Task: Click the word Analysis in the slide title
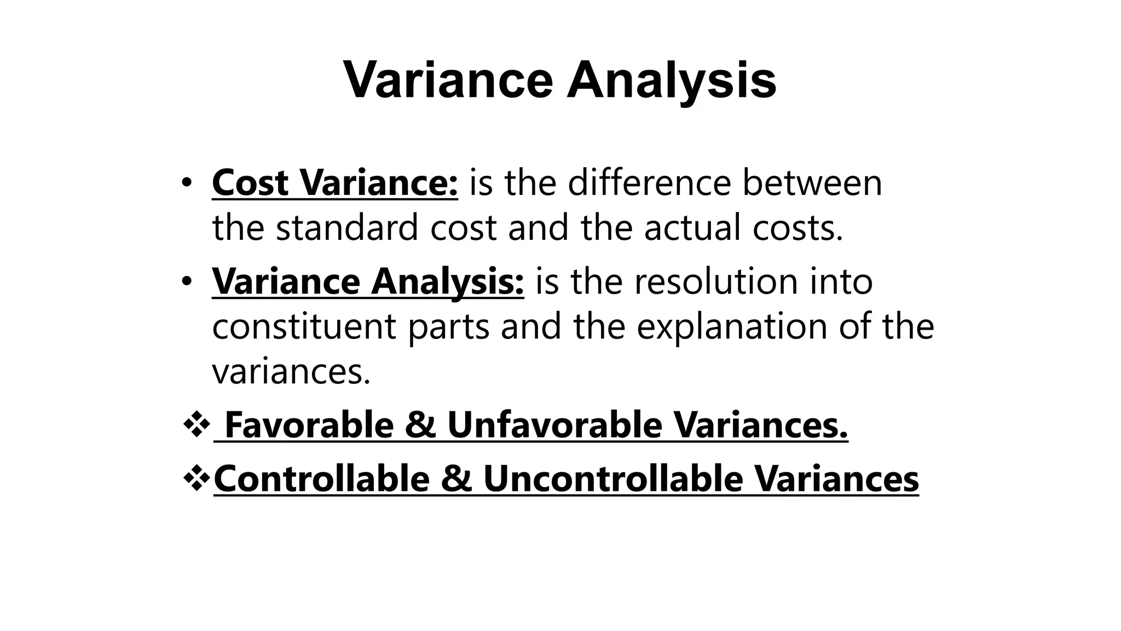(671, 81)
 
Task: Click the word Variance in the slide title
(448, 81)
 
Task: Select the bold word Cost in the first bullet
(250, 182)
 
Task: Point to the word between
(812, 182)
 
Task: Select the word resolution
(710, 281)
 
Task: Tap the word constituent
(304, 326)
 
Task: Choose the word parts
(449, 326)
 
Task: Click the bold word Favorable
(309, 425)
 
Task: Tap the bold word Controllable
(322, 478)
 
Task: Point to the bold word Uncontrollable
(613, 478)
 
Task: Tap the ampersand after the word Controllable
(457, 478)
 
